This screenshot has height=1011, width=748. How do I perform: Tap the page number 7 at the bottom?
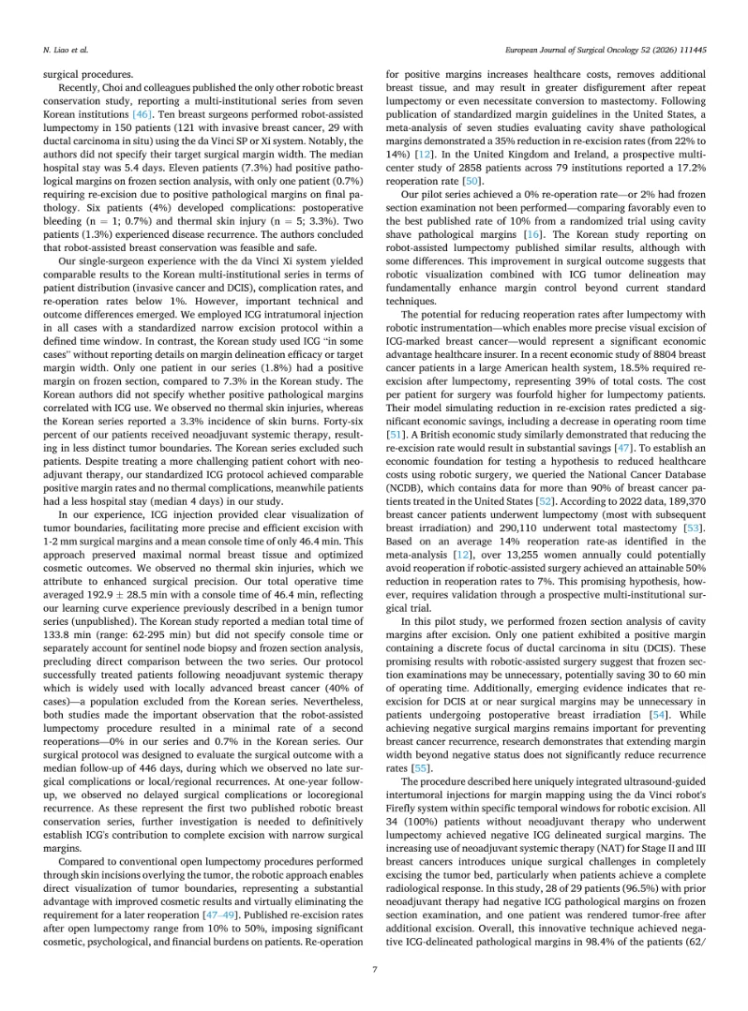tap(374, 969)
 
